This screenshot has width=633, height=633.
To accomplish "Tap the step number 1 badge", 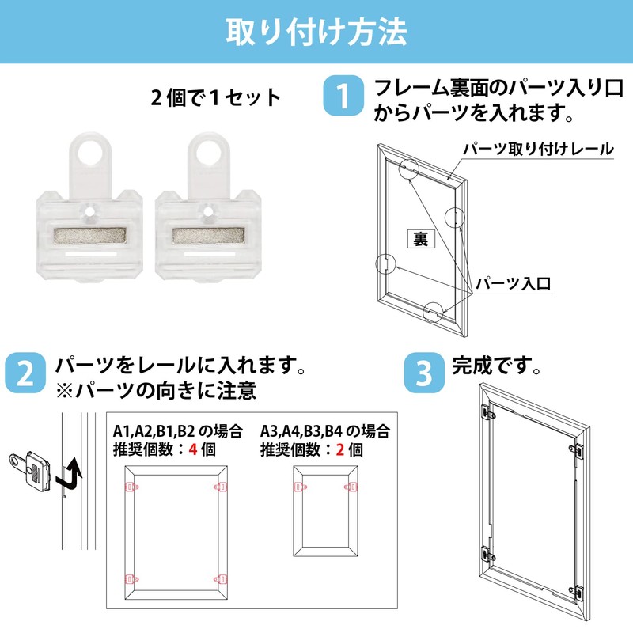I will pos(343,97).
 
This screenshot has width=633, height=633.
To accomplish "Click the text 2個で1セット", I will pos(217,98).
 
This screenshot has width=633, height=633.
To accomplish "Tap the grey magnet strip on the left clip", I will pos(89,237).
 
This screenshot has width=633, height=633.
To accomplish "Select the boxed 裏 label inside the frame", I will pos(421,239).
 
